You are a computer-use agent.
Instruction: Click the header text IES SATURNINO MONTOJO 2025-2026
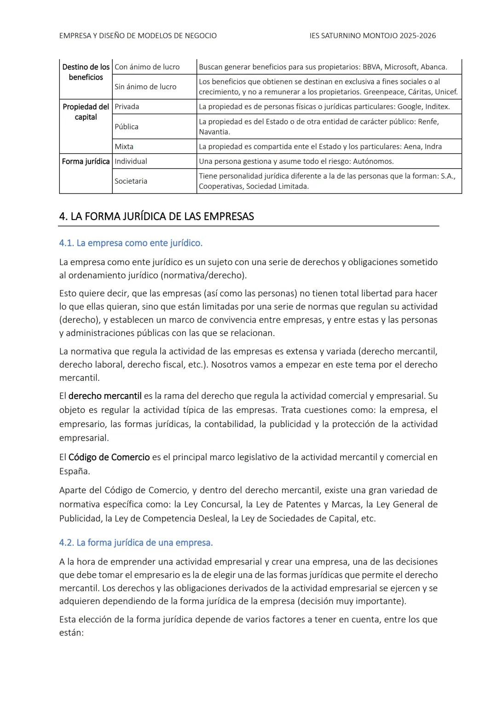pos(373,35)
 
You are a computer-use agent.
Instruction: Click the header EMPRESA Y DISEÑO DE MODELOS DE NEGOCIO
pos(138,35)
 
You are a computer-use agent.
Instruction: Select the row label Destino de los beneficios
pos(86,72)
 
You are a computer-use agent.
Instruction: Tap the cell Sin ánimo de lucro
pos(145,87)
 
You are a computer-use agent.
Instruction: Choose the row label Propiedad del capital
pos(86,111)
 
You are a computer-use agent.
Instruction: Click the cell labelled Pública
pos(127,127)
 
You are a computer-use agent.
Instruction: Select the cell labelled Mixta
pos(124,146)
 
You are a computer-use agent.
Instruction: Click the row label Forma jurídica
pos(86,161)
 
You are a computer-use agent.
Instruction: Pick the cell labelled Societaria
pos(131,181)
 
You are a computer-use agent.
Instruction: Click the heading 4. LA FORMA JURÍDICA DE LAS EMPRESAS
pos(156,216)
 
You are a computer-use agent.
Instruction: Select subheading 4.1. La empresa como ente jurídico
pos(131,243)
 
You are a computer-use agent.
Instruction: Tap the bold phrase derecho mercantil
pos(105,396)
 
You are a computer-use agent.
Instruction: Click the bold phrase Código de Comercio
pos(109,457)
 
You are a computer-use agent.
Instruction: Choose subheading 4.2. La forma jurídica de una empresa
pos(136,542)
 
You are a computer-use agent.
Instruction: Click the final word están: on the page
pos(71,633)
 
